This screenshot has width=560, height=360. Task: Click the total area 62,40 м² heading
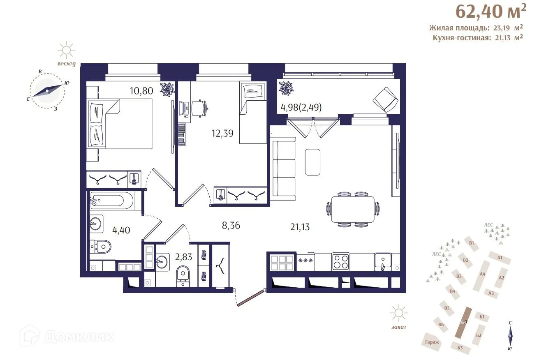[491, 12]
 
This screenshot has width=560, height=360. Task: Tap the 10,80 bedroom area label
[142, 91]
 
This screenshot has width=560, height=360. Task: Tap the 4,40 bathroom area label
[121, 230]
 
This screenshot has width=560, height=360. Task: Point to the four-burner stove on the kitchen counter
[341, 261]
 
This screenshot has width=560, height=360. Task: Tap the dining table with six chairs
[353, 209]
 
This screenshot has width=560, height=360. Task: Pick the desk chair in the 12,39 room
[198, 108]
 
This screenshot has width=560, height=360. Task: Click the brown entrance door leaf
[250, 298]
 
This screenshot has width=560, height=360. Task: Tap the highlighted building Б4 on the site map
[465, 323]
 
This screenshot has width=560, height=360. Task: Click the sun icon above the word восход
[66, 51]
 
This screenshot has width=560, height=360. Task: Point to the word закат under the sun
[398, 327]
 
